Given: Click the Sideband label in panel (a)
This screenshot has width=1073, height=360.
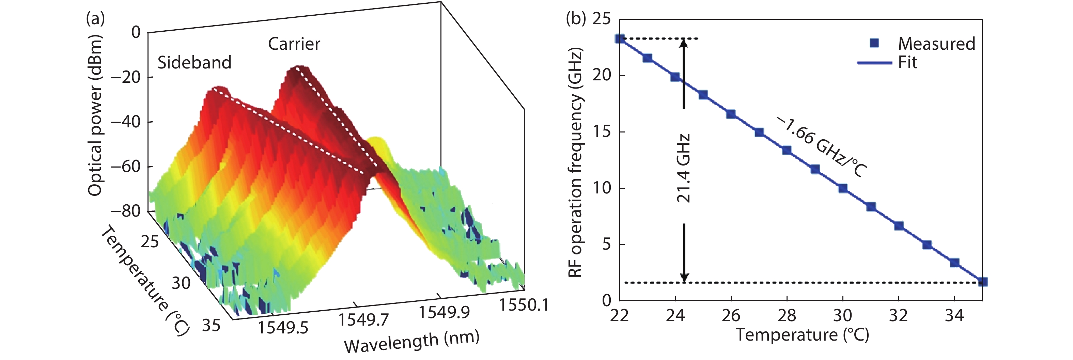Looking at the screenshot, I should coord(194,63).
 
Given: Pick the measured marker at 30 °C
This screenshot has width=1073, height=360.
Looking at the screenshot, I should coord(843,188).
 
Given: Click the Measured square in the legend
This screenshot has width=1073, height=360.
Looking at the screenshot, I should coord(874,43).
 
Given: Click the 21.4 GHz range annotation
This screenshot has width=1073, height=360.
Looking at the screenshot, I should coord(684,168).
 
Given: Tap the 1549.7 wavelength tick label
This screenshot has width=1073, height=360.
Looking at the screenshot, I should coord(363,319).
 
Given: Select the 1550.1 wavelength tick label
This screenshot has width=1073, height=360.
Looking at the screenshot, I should coord(524,305).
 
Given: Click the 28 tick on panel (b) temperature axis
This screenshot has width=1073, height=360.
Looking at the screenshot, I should coord(787,315).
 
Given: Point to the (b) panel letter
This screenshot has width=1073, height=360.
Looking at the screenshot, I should coord(576,19).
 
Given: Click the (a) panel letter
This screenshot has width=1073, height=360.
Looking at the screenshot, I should coord(95,19).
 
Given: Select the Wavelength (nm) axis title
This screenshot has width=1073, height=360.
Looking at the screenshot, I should coord(411,341).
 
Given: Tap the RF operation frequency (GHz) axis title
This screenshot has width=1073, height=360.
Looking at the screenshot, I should coord(576,162).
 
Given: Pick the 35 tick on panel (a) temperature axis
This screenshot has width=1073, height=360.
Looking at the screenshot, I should coord(211,325).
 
